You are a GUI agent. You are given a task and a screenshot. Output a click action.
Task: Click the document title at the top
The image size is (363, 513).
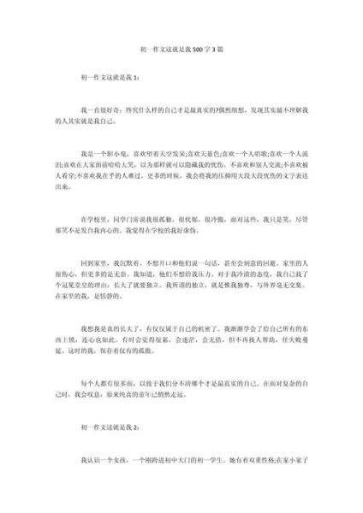pyautogui.click(x=181, y=50)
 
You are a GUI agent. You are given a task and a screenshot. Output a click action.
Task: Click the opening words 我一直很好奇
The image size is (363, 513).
pyautogui.click(x=116, y=110)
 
